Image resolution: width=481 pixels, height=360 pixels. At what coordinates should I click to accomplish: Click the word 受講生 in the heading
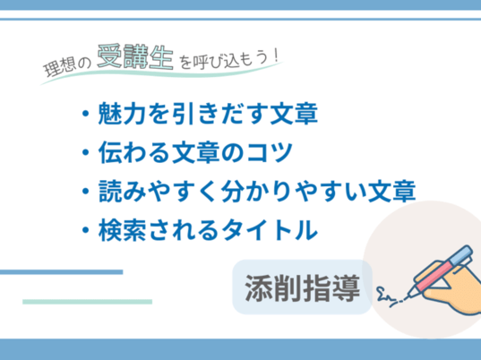(135, 56)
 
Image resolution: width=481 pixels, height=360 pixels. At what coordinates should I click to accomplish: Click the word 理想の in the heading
(67, 66)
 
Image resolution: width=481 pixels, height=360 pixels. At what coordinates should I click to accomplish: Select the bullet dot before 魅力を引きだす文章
(86, 114)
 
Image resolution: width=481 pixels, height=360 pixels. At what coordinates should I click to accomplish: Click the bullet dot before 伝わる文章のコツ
(86, 152)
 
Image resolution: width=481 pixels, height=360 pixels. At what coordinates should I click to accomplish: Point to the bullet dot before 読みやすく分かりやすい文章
(86, 191)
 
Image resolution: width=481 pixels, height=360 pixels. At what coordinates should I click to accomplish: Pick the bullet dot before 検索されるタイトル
(86, 230)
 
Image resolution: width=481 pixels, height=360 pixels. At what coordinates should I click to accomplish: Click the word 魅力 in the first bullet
(122, 114)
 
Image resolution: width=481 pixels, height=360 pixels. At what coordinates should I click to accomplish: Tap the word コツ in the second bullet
(270, 152)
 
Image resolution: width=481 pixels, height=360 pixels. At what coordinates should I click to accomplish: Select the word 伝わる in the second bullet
(134, 152)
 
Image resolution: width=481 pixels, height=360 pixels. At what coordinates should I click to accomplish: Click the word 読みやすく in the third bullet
(157, 191)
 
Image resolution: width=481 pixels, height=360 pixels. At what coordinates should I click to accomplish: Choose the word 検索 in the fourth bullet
(122, 230)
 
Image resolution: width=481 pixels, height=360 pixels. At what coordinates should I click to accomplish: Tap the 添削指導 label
(302, 287)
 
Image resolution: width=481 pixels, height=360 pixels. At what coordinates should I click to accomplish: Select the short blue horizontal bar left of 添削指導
(61, 272)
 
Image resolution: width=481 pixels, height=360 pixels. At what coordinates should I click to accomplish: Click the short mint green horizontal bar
(88, 302)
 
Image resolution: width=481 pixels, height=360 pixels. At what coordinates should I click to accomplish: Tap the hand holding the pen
(453, 295)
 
